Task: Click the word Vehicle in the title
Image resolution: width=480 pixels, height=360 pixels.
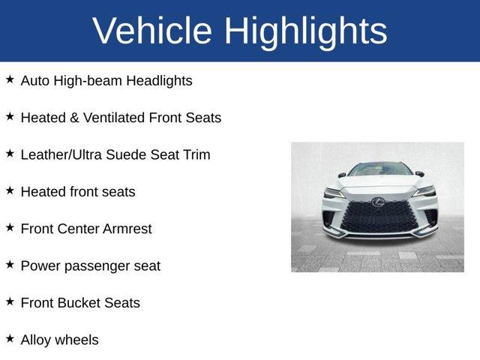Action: point(152,31)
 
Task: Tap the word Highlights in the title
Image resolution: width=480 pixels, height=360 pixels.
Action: point(306,31)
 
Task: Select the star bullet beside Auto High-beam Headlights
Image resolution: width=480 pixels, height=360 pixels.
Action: point(10,79)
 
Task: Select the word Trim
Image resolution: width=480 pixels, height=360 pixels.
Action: point(196,154)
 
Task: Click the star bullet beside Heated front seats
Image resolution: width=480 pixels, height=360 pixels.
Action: point(10,190)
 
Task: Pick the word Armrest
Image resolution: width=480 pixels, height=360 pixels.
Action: point(125,229)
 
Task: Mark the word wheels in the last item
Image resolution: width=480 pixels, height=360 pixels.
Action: point(77,340)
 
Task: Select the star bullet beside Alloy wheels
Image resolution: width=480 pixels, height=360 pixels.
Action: point(10,338)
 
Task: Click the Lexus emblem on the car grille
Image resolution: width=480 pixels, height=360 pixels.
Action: point(380,202)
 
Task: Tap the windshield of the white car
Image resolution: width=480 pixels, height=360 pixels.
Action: point(379,170)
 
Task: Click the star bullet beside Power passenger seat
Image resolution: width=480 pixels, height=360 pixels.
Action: point(10,264)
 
